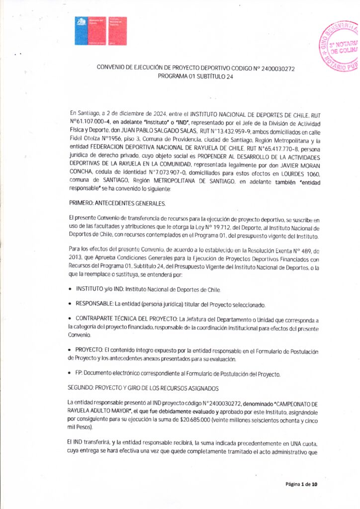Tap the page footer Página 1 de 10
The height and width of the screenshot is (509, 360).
pos(301,485)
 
